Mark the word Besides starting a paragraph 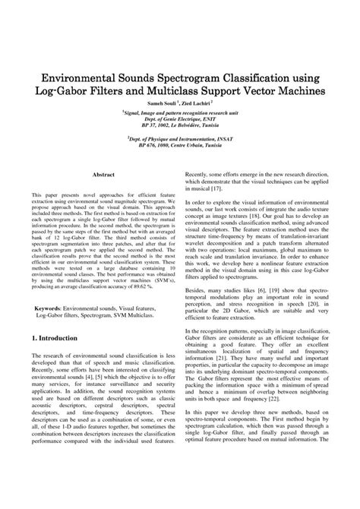(198, 311)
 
